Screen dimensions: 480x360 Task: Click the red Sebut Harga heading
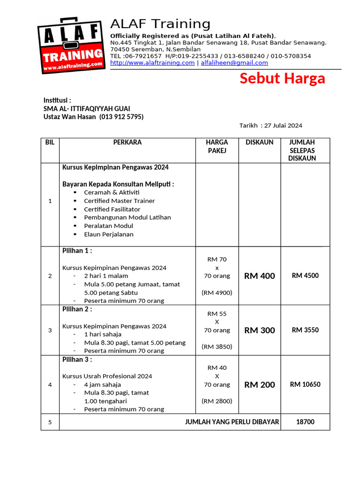(x=282, y=78)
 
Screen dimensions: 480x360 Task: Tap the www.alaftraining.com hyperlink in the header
(x=152, y=63)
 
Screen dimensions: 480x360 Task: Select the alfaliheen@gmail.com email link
(x=234, y=63)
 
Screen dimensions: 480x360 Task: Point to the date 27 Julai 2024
(x=283, y=126)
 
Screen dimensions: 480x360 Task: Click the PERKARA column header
(x=127, y=142)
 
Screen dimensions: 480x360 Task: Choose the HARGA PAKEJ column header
(x=217, y=146)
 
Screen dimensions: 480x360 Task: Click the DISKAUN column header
(x=259, y=142)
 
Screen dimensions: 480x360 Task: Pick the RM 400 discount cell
(x=260, y=276)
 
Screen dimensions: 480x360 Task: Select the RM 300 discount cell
(x=260, y=330)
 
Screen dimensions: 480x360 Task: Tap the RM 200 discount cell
(x=260, y=385)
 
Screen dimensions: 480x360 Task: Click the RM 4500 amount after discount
(x=305, y=276)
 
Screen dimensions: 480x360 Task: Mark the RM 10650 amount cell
(x=305, y=384)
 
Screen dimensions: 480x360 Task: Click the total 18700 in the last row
(x=305, y=422)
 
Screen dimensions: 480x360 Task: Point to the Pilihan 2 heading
(x=77, y=309)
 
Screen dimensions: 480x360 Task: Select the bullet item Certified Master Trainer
(x=119, y=201)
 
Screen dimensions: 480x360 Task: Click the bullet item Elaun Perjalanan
(x=109, y=234)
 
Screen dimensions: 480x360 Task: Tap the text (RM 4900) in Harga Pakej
(x=217, y=292)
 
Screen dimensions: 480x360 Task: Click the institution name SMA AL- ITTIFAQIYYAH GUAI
(x=87, y=108)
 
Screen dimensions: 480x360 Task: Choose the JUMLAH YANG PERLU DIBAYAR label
(x=232, y=422)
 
